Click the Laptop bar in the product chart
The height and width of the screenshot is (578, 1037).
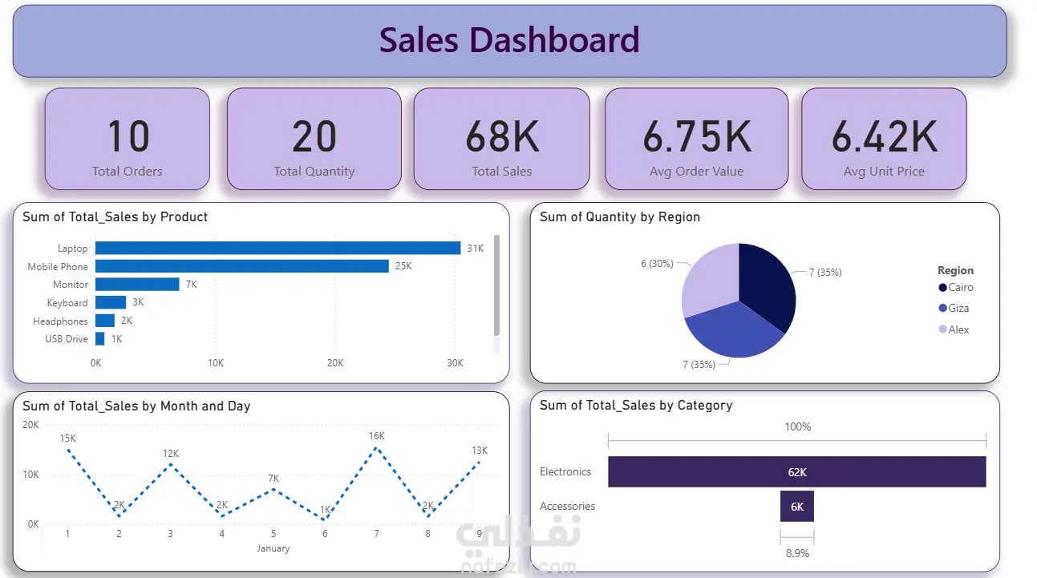[277, 248]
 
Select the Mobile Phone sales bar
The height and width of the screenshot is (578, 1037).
[242, 266]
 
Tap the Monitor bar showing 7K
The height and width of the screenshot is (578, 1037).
[137, 284]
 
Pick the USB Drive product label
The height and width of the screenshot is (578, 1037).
[67, 339]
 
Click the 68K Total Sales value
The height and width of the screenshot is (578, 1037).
[502, 136]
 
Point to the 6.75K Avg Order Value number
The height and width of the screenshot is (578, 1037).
[697, 136]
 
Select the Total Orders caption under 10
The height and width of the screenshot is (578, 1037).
[128, 172]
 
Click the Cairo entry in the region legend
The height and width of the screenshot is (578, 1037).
[955, 287]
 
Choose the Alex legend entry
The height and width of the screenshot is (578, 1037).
[954, 329]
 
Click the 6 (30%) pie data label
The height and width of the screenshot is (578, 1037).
[657, 263]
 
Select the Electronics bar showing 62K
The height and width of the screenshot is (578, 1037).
[796, 471]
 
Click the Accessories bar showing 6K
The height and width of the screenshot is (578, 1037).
[796, 507]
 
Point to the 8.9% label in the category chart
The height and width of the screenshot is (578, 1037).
[797, 553]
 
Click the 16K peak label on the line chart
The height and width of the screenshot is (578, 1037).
[376, 436]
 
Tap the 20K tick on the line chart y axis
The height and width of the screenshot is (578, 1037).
[30, 425]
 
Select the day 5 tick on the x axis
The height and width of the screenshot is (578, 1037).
[273, 534]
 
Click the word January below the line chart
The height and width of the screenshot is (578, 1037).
[273, 548]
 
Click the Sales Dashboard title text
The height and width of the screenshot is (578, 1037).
[509, 40]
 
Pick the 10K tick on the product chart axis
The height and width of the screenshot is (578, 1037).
[216, 363]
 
